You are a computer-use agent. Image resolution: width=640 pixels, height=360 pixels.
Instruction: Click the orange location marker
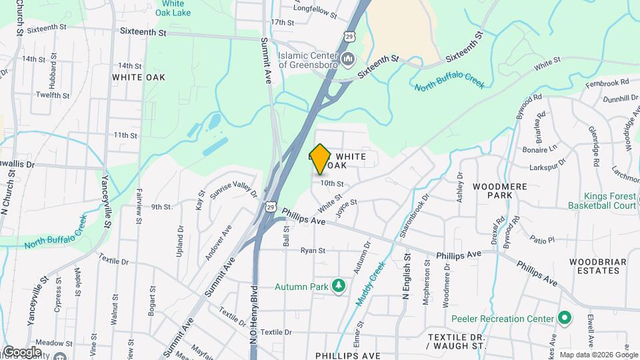(321, 159)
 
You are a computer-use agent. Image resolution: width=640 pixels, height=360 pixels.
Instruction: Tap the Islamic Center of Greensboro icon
(348, 61)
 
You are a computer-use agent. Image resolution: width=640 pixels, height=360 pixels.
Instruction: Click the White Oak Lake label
(172, 8)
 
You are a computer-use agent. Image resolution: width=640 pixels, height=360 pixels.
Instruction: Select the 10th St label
(331, 183)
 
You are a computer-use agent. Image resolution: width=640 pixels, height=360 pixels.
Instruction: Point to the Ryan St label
(312, 251)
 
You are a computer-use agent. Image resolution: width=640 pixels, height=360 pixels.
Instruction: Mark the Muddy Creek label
(370, 283)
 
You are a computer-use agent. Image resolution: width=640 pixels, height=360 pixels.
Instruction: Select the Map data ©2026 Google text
(597, 355)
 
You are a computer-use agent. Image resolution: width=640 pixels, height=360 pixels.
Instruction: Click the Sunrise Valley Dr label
(233, 189)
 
